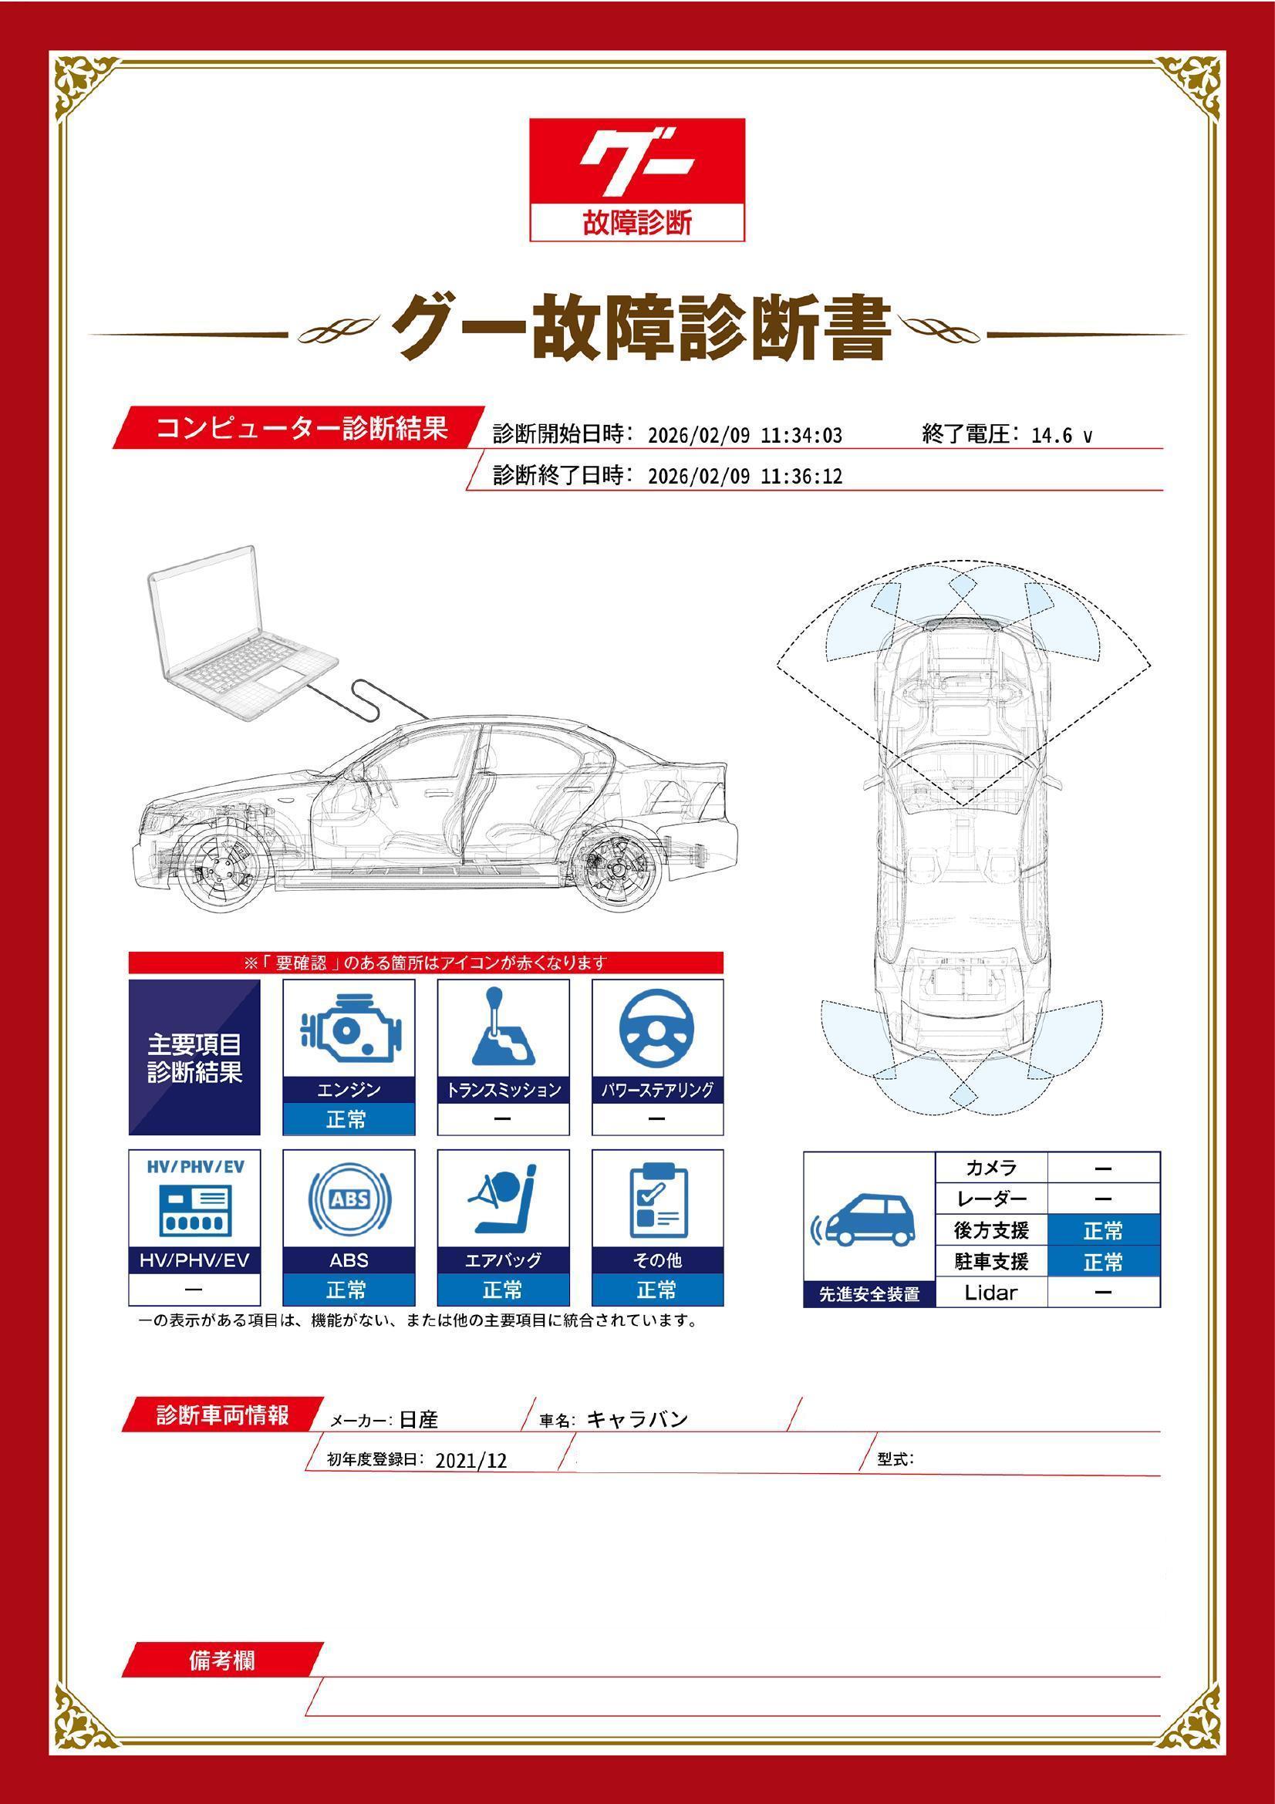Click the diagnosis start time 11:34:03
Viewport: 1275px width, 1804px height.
tap(801, 435)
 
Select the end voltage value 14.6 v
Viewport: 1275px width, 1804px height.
tap(1061, 435)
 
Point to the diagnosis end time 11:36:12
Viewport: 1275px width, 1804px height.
tap(801, 476)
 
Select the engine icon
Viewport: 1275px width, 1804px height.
tap(349, 1029)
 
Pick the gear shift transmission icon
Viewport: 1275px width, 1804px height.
tap(503, 1029)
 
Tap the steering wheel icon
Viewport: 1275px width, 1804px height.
tap(656, 1029)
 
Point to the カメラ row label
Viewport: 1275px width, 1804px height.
tap(990, 1168)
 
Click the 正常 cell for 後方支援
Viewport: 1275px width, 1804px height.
tap(1103, 1230)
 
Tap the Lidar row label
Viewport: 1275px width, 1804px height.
tap(990, 1293)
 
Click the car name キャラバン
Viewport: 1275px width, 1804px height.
tap(637, 1419)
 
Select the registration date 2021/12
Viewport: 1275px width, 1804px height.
tap(471, 1460)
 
